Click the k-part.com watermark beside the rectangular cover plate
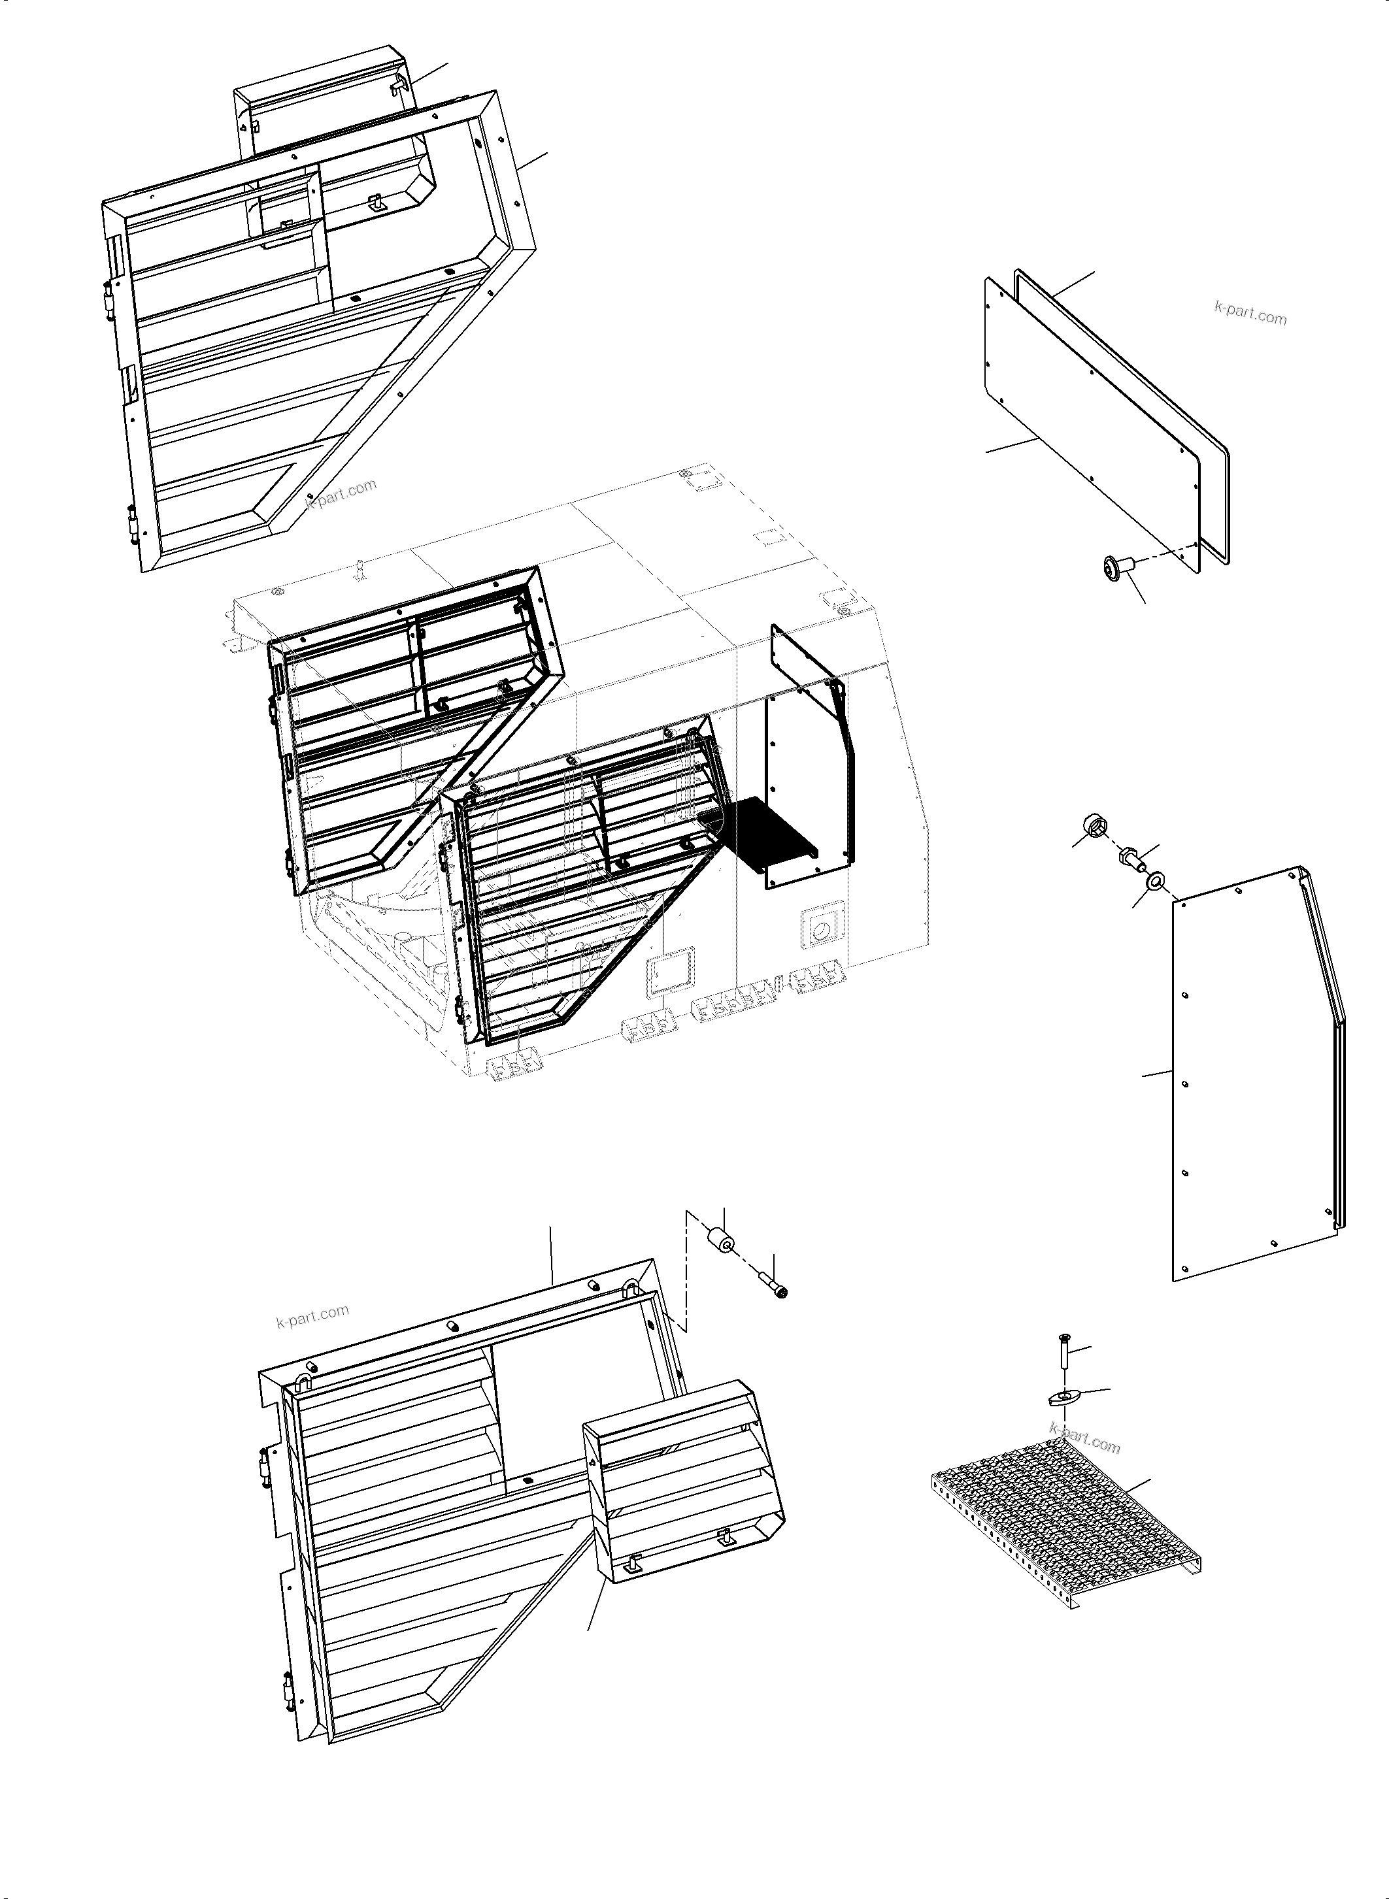(1250, 313)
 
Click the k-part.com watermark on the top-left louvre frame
(341, 493)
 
